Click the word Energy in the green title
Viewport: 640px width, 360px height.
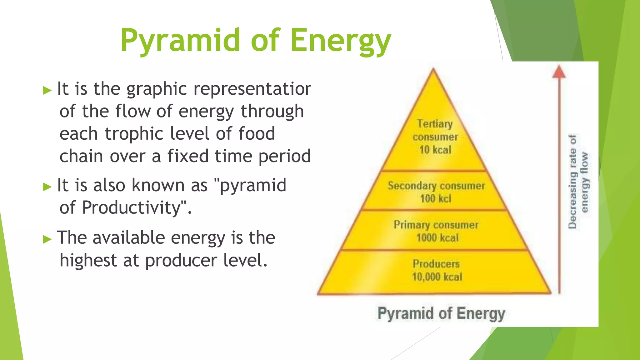tap(341, 41)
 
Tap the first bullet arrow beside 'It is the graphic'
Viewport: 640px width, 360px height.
tap(47, 91)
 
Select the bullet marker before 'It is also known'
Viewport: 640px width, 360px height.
tap(47, 187)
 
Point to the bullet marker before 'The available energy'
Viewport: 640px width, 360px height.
tap(47, 239)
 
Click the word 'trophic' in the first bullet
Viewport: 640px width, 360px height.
tap(134, 134)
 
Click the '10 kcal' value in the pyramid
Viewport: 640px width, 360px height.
tap(435, 150)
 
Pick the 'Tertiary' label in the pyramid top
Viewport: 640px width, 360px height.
tap(435, 124)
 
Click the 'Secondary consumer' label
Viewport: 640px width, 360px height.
tap(436, 186)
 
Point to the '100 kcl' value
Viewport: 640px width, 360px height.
tap(436, 198)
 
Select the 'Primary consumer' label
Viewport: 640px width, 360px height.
tap(436, 225)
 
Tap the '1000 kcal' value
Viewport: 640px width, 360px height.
tap(437, 238)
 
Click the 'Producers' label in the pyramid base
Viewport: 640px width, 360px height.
tap(436, 264)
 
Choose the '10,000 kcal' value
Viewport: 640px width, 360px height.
tap(437, 277)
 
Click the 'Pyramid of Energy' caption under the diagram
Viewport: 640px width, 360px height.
tap(441, 313)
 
